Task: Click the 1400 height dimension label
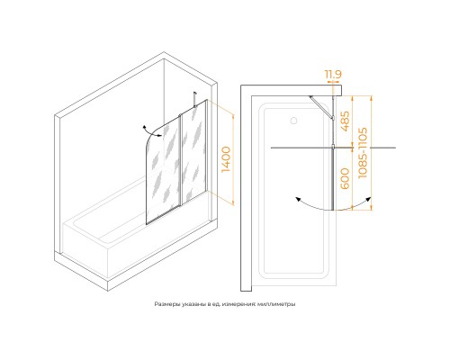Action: click(226, 159)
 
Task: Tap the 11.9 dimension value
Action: click(333, 74)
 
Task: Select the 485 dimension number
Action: click(346, 121)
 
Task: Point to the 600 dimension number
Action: click(346, 178)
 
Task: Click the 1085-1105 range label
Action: click(363, 153)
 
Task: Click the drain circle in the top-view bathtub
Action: click(293, 121)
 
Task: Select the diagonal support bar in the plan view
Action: click(320, 107)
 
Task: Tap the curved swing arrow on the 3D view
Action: click(152, 131)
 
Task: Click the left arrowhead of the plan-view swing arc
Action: click(298, 200)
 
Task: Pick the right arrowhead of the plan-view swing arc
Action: click(368, 200)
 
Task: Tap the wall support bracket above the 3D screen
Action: click(195, 99)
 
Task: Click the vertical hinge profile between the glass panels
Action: click(180, 160)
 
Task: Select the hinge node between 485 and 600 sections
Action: click(333, 148)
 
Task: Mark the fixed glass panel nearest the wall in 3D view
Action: click(194, 151)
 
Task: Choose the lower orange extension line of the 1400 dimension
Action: click(220, 198)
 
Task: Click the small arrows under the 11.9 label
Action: click(333, 82)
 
